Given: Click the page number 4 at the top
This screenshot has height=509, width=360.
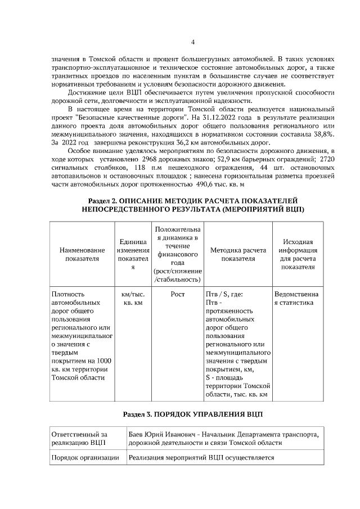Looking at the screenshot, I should pyautogui.click(x=192, y=42).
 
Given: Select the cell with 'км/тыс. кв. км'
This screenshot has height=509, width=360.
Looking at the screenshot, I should pyautogui.click(x=133, y=298).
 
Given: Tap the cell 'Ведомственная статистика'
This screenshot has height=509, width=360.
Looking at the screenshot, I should pyautogui.click(x=296, y=298).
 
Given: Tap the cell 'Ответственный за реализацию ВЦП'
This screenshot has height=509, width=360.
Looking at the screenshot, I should pyautogui.click(x=79, y=439).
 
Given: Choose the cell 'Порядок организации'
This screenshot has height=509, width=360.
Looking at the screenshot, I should pyautogui.click(x=84, y=458).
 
